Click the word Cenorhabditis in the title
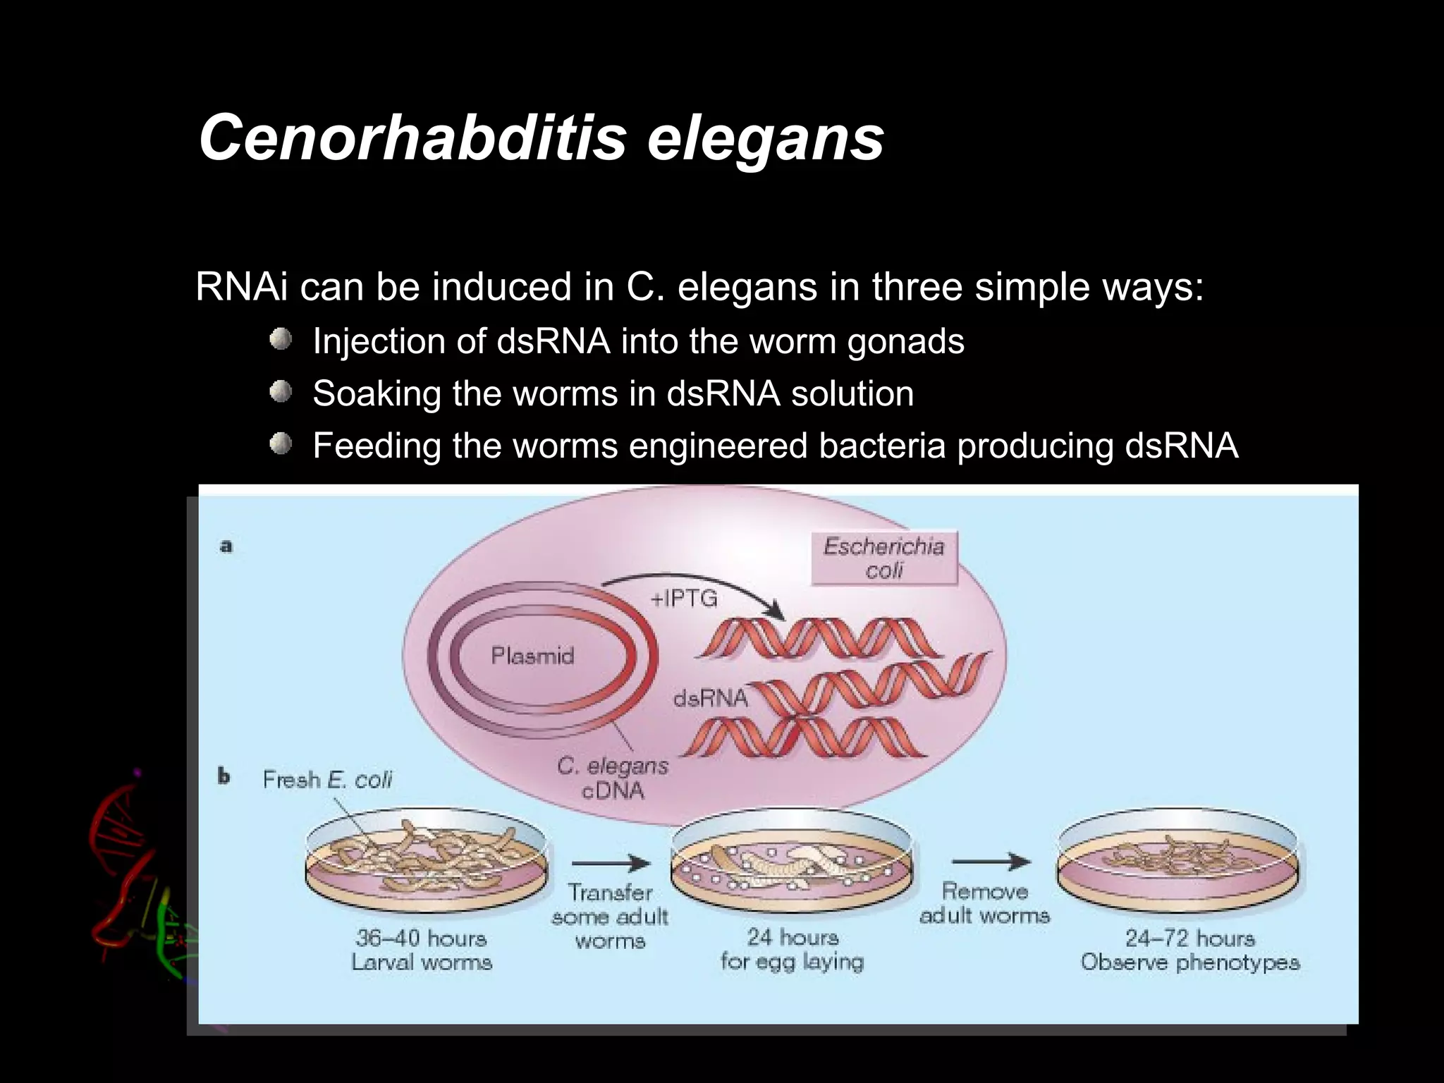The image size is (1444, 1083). pyautogui.click(x=412, y=137)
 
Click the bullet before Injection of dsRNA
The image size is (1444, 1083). pyautogui.click(x=281, y=340)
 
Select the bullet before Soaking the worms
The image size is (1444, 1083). pyautogui.click(x=281, y=392)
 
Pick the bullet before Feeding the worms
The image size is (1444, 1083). pyautogui.click(x=281, y=444)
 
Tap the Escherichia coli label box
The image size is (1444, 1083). pyautogui.click(x=883, y=558)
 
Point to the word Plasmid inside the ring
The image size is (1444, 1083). pyautogui.click(x=532, y=656)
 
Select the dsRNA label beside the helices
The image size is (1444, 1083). pyautogui.click(x=709, y=698)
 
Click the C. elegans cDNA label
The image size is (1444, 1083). pyautogui.click(x=612, y=778)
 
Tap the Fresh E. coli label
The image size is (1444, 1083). pyautogui.click(x=327, y=779)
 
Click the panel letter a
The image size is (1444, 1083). pyautogui.click(x=226, y=546)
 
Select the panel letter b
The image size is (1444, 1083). pyautogui.click(x=224, y=777)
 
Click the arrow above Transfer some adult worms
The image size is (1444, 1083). pyautogui.click(x=611, y=863)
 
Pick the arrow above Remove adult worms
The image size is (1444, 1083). pyautogui.click(x=991, y=861)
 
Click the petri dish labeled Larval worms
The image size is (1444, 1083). pyautogui.click(x=426, y=864)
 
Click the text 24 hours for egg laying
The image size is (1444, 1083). pyautogui.click(x=792, y=949)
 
